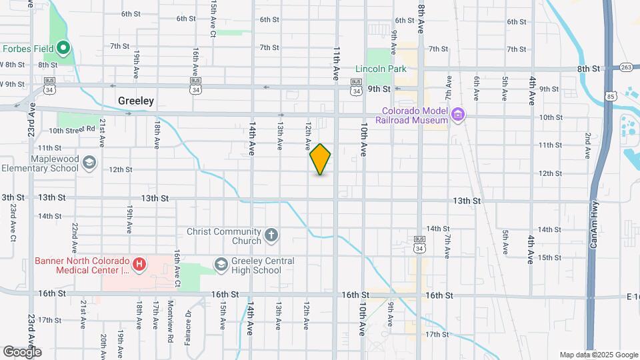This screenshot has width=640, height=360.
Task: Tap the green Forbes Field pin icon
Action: (x=63, y=47)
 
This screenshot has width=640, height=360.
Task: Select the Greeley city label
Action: (x=135, y=101)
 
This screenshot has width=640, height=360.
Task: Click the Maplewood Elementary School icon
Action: (x=89, y=162)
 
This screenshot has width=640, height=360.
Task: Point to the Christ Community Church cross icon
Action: (x=271, y=235)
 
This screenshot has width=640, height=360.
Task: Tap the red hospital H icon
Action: (x=139, y=265)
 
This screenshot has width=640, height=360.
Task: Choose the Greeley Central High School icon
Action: (x=220, y=265)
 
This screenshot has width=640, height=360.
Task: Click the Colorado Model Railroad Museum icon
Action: (x=457, y=115)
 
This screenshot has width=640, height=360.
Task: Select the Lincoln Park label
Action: (x=381, y=69)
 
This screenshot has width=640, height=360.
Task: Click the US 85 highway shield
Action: (x=611, y=97)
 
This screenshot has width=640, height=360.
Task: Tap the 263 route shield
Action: (x=625, y=67)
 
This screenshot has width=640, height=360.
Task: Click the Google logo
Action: (x=23, y=351)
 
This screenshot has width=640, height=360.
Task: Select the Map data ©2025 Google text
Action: (x=599, y=355)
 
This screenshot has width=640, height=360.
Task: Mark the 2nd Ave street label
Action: (x=588, y=145)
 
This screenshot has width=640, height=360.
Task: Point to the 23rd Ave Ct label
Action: (x=13, y=223)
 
